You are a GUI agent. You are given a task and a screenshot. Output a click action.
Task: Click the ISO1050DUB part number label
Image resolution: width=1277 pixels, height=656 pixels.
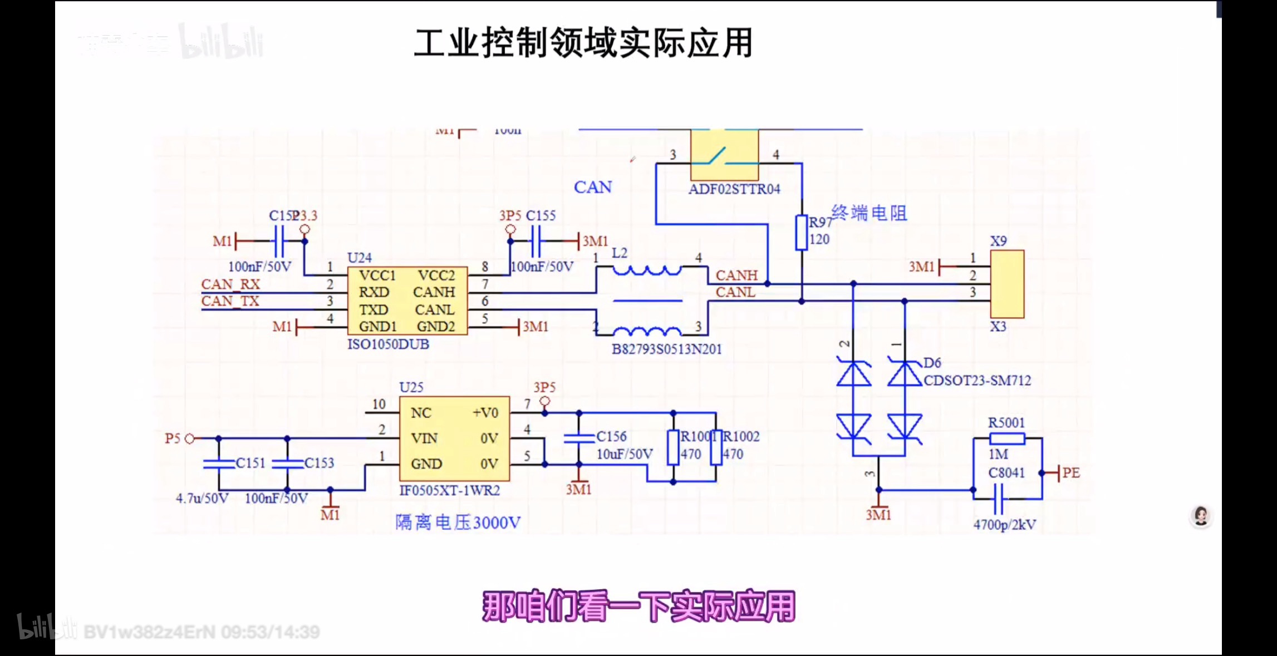click(x=388, y=344)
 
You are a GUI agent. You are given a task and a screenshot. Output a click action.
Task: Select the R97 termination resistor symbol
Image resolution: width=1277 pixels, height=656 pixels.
click(x=801, y=233)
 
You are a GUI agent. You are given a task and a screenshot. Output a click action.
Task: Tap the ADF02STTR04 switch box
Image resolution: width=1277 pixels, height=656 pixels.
click(x=724, y=155)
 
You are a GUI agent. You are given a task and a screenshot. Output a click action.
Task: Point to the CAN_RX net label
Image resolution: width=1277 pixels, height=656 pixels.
click(x=230, y=284)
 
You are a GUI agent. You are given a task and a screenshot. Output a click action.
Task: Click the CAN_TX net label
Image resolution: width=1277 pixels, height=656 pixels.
click(x=230, y=301)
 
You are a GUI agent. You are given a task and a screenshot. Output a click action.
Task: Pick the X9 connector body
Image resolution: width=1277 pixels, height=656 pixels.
click(x=1007, y=284)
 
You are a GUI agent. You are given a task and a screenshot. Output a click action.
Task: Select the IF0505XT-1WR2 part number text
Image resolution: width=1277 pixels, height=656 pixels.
click(x=449, y=491)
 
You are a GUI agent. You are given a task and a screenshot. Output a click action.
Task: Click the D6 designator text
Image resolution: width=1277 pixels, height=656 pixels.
click(x=932, y=363)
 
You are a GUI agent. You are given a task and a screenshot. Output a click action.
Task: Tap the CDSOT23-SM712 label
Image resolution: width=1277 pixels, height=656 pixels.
click(x=977, y=381)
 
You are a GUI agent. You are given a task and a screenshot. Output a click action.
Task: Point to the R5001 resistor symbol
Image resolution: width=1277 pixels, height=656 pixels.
click(x=1007, y=438)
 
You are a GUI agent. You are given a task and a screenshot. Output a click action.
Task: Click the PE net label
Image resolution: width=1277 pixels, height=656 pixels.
click(x=1070, y=473)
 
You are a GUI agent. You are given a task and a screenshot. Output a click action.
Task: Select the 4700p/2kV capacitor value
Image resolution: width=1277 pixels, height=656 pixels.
click(x=1004, y=525)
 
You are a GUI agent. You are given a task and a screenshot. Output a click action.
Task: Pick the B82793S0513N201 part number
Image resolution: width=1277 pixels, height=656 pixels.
click(x=666, y=349)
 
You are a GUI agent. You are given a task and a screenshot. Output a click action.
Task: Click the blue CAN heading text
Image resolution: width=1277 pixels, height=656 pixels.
click(x=593, y=188)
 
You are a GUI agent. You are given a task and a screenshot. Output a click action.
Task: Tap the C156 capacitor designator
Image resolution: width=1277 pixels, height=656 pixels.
click(x=611, y=437)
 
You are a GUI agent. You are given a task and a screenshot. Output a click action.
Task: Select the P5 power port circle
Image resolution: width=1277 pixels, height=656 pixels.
click(x=189, y=438)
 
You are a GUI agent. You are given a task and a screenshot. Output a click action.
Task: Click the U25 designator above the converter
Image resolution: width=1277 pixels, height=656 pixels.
click(x=411, y=387)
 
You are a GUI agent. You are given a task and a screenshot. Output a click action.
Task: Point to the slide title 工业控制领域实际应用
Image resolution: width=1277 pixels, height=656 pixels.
click(x=583, y=43)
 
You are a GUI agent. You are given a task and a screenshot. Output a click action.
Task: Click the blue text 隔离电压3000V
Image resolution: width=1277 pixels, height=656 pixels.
click(x=458, y=522)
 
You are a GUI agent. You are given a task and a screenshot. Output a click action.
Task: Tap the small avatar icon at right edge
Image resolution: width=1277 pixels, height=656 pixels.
click(x=1201, y=516)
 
